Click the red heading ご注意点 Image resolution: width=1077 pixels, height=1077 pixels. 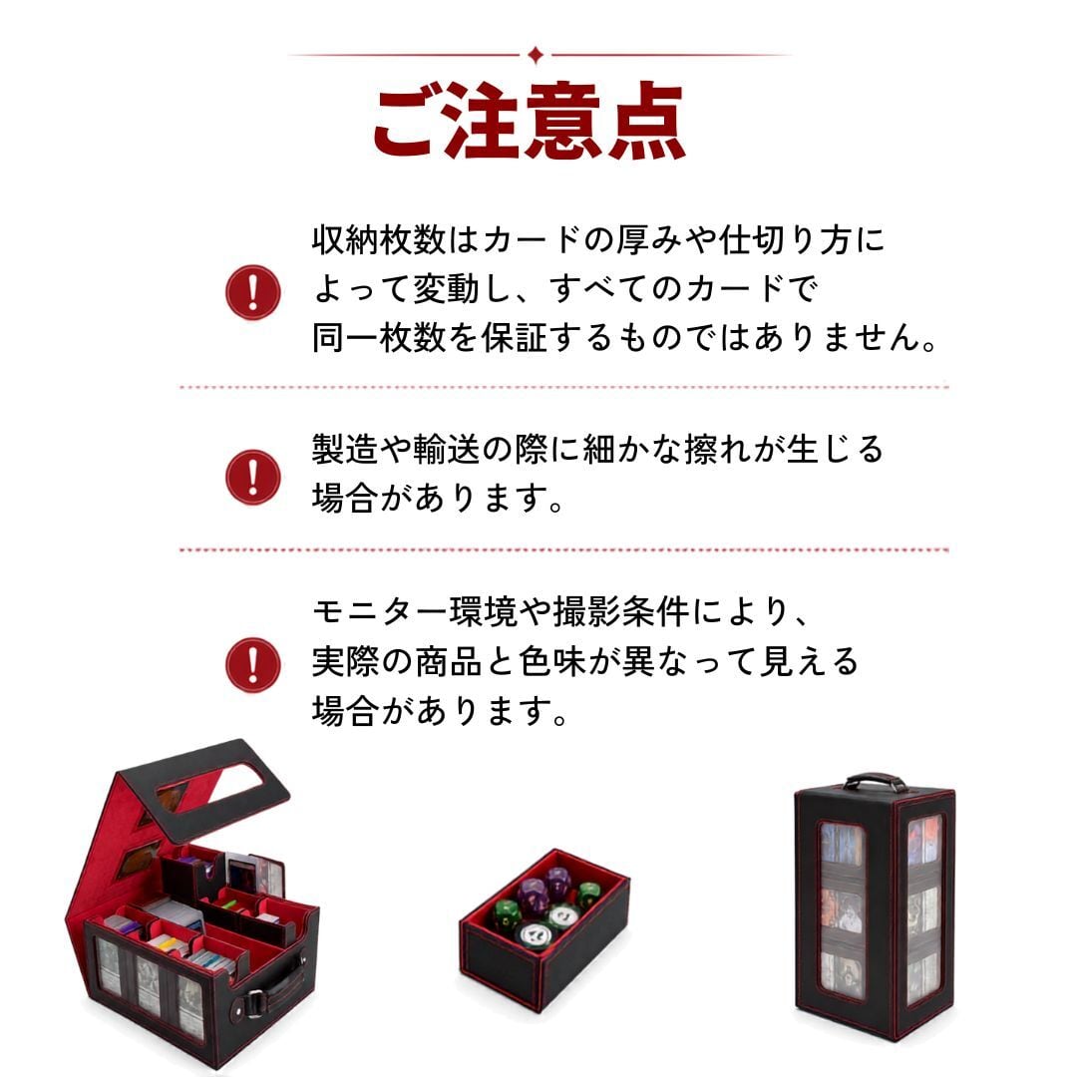coord(529,122)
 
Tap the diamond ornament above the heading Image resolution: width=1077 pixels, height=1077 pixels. coord(536,55)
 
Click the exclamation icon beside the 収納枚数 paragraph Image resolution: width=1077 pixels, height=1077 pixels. coord(252,292)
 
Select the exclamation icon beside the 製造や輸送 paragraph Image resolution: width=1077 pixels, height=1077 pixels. coord(252,477)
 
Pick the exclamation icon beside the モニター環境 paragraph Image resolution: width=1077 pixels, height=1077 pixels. coord(252,665)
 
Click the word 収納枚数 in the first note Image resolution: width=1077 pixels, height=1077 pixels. coord(379,239)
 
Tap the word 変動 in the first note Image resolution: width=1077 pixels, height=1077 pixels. coord(446,288)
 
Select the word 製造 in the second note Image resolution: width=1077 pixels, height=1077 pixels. coord(345,449)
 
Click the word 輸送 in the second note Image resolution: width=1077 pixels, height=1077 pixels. coord(447,449)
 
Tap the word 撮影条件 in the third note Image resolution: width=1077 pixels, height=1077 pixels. coord(620,611)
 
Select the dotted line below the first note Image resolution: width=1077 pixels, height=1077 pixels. coord(563,387)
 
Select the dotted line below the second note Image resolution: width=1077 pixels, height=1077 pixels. coord(563,550)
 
